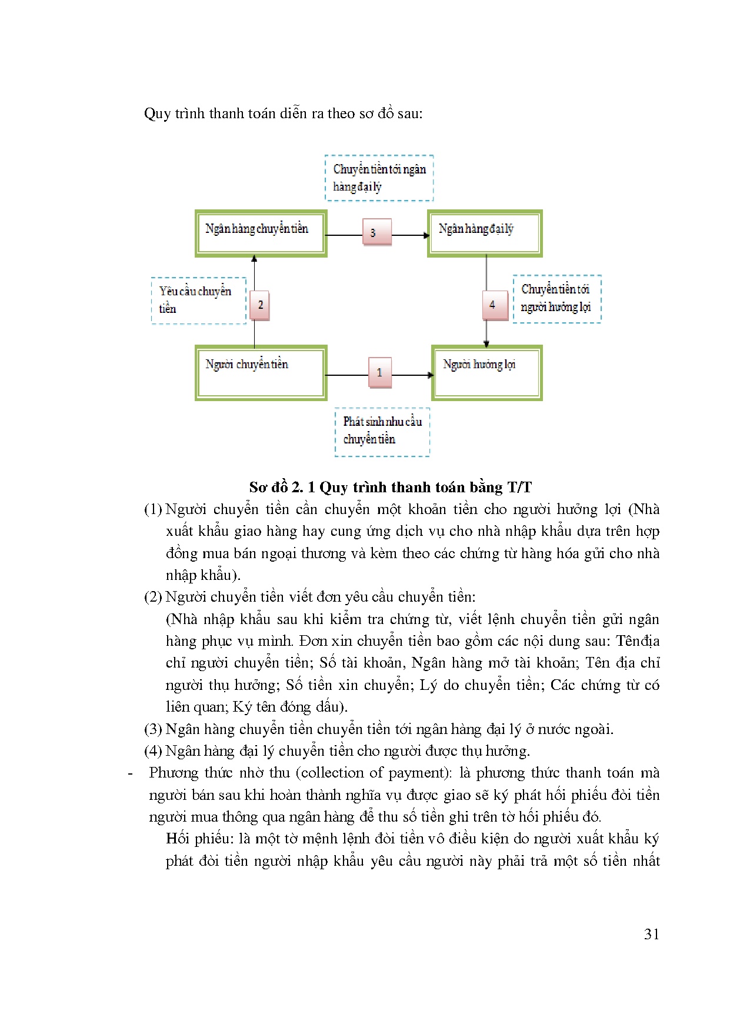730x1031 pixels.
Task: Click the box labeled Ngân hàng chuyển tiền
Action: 261,233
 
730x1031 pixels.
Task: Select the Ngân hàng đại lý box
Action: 484,233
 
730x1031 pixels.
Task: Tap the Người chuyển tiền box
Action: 261,373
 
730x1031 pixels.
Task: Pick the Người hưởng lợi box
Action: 486,373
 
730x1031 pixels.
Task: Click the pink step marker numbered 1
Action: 379,372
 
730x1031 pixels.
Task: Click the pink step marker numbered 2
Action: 260,305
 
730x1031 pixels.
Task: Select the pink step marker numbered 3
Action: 376,232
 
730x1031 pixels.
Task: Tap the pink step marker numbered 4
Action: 495,305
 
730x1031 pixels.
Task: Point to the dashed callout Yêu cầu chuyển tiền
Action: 198,300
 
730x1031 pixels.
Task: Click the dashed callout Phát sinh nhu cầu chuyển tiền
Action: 382,432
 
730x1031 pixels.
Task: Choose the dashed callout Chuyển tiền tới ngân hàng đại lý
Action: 379,178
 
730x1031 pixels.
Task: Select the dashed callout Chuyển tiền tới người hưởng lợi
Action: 556,299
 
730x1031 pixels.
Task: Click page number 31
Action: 651,935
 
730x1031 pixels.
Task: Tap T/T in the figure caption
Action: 519,488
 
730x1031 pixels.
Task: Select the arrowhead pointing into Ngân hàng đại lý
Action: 426,235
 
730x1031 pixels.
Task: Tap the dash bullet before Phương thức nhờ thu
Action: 131,773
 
